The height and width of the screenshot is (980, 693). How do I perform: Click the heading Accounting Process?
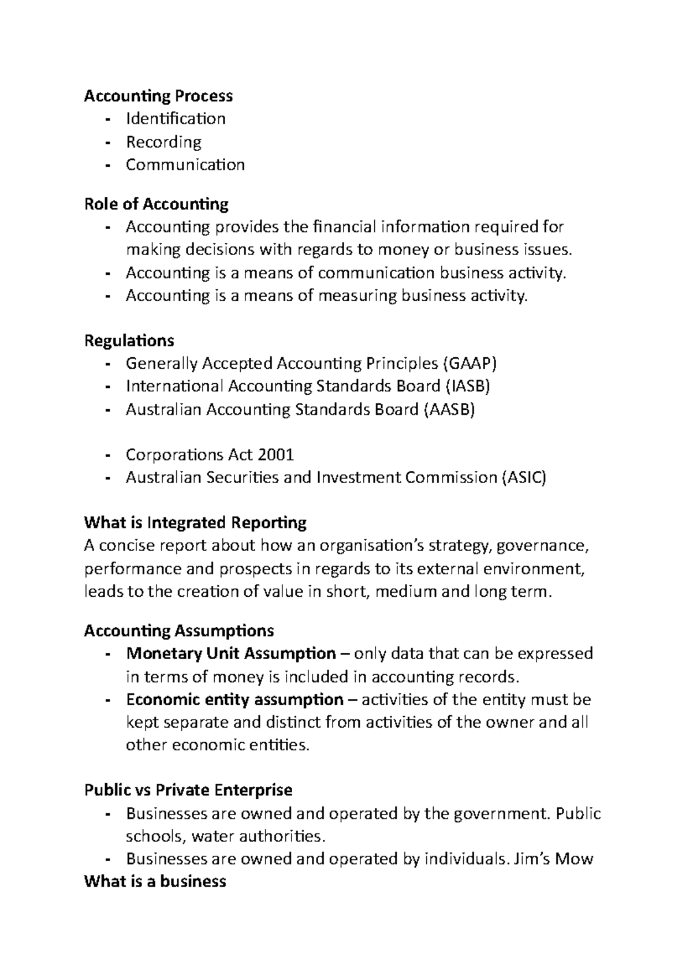[158, 96]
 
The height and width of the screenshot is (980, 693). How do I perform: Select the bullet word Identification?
[176, 119]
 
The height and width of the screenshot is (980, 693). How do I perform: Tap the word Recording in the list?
[163, 142]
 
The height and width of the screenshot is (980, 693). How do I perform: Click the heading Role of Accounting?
[156, 204]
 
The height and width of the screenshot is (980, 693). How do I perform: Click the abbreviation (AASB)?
[449, 409]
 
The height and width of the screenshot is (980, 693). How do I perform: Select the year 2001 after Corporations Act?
[276, 455]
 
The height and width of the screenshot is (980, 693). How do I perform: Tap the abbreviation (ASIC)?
[523, 478]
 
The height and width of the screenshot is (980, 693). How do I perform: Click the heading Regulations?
[129, 341]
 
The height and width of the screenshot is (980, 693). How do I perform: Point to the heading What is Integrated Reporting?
[195, 523]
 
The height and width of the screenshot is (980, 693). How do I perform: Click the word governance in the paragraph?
[542, 546]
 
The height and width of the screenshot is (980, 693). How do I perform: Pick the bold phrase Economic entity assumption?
[234, 700]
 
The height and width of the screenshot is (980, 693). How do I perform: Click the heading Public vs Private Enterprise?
[188, 790]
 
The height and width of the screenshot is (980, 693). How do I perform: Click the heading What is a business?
[155, 882]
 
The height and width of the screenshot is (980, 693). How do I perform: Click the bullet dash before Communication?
[108, 166]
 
